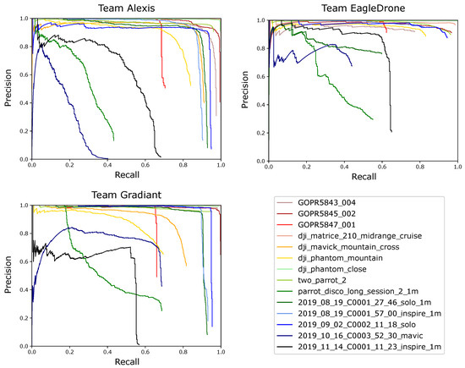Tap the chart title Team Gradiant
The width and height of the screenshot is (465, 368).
pos(126,197)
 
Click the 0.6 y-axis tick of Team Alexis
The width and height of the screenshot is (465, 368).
pos(23,74)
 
